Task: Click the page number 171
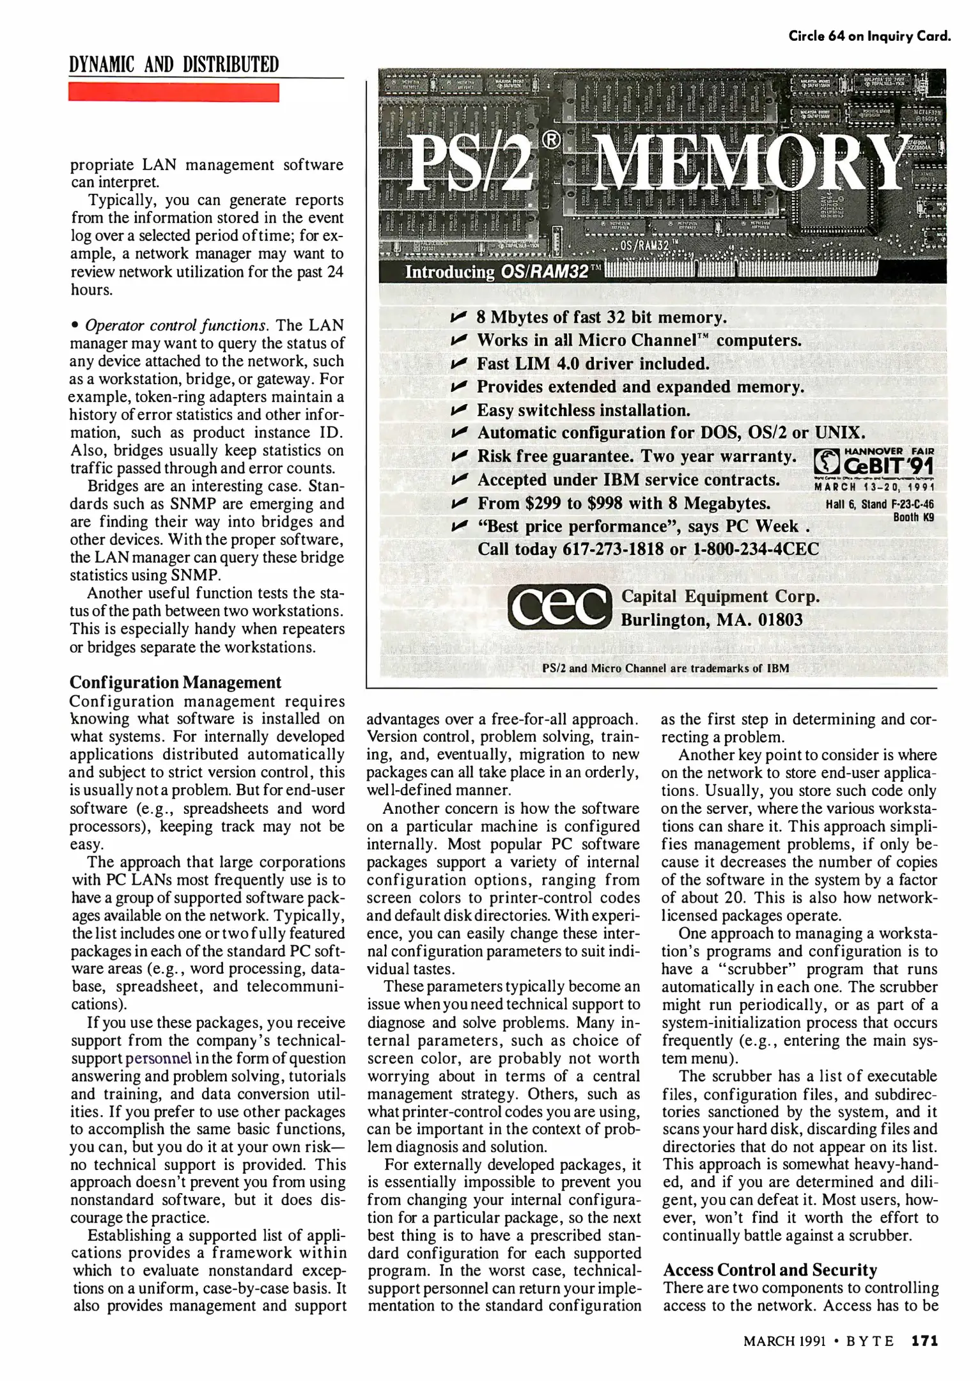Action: (x=924, y=1341)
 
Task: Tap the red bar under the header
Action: (x=174, y=92)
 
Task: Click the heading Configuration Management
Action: (x=175, y=682)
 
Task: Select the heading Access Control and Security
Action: (x=770, y=1270)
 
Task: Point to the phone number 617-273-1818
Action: (x=613, y=550)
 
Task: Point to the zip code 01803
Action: (x=780, y=620)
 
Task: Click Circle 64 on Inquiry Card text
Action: (x=869, y=36)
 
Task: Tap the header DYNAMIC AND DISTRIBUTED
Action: (x=174, y=65)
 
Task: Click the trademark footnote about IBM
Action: (x=665, y=669)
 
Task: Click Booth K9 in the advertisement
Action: (x=914, y=517)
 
